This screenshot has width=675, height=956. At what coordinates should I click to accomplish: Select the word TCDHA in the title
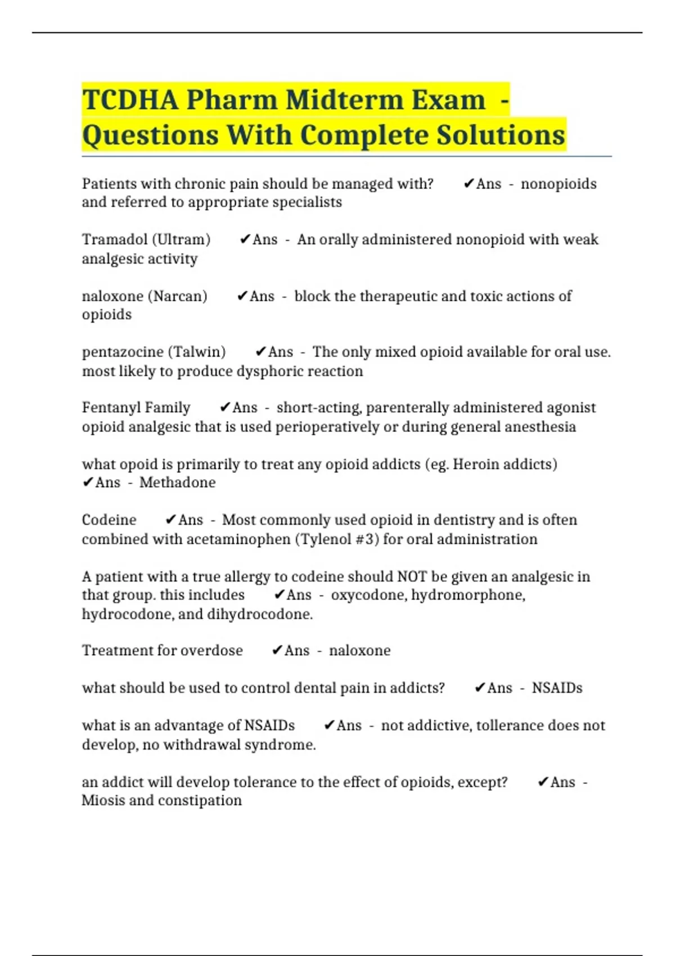coord(130,100)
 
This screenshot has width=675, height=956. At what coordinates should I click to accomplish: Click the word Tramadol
coord(115,240)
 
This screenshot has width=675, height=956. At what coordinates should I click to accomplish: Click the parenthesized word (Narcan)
coord(177,296)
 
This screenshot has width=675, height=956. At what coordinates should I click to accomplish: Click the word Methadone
coord(177,482)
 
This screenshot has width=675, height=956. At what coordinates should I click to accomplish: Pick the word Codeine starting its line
coord(109,520)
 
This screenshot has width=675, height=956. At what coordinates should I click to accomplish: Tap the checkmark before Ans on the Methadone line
coord(88,482)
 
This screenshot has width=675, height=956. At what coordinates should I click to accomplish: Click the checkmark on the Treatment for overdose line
coord(277,651)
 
